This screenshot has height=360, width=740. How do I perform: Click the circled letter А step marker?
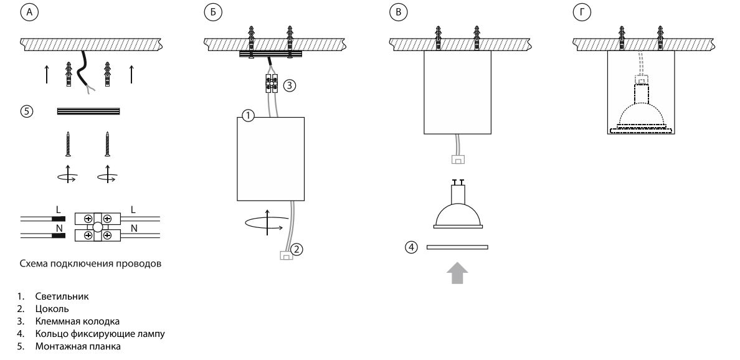point(27,12)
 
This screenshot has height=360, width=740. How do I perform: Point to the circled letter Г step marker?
point(580,12)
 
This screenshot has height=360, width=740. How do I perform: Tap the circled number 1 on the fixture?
point(248,116)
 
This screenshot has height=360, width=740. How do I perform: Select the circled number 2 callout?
point(298,250)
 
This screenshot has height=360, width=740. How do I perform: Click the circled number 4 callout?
point(411,247)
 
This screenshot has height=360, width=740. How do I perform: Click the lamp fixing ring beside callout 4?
point(458,247)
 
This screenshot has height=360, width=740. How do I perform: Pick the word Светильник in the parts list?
point(62,296)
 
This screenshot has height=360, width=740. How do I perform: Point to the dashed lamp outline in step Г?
point(642,112)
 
